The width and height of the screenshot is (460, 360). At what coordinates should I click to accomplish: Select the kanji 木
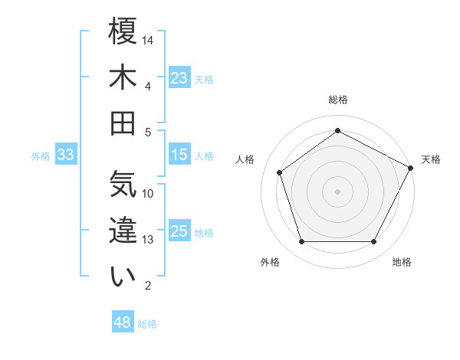(123, 77)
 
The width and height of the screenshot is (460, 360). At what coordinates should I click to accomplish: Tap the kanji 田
(123, 123)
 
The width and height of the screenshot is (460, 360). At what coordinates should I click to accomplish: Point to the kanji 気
(123, 184)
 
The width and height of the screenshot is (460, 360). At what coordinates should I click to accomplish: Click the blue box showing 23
(179, 78)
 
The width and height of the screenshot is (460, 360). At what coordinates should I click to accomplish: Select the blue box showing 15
(179, 155)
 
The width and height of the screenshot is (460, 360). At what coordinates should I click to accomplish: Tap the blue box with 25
(179, 231)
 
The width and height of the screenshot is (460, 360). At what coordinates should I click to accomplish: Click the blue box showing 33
(65, 155)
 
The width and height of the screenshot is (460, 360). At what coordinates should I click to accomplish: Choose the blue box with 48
(123, 322)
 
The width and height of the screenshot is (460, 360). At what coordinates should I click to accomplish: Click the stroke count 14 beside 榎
(148, 40)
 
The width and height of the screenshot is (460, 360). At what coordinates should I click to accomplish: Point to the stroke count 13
(148, 240)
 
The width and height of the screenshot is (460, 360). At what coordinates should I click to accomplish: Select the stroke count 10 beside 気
(148, 193)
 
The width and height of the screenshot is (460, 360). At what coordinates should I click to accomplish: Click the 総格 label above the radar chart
(337, 100)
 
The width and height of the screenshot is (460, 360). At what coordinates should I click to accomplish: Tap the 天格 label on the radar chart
(431, 159)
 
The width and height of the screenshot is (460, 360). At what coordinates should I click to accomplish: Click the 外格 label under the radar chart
(270, 262)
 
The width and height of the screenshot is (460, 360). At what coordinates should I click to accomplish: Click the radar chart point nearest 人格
(280, 172)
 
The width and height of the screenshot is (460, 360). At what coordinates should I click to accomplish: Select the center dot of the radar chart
(337, 191)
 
